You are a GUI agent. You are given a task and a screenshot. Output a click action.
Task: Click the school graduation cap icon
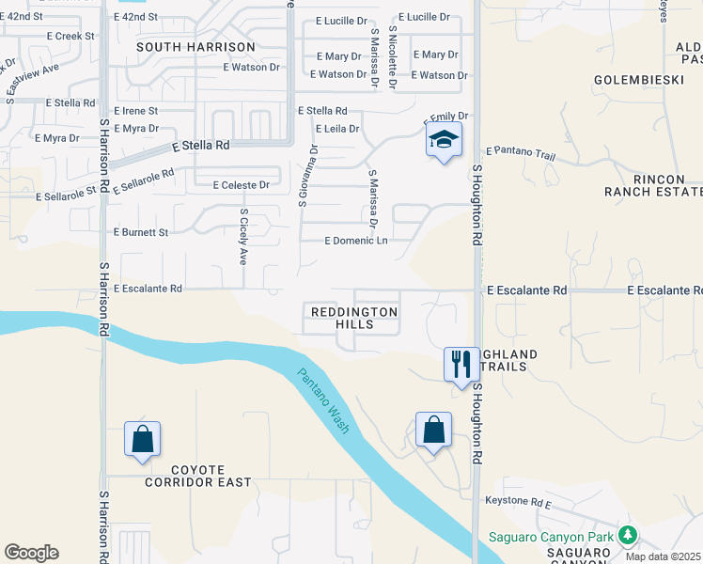coord(445,141)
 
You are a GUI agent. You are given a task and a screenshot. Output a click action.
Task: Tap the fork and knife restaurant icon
coord(461,363)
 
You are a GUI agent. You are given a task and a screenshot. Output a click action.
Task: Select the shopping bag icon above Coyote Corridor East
coord(142,439)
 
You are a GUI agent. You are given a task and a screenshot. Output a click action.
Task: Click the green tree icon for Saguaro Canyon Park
coord(627,536)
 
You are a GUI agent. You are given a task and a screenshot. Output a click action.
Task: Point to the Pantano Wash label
coord(323,400)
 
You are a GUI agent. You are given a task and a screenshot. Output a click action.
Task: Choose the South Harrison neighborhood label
coord(195,46)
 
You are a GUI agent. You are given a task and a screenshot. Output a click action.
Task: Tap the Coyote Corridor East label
coord(197,476)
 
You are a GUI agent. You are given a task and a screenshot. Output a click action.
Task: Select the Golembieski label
coord(637,80)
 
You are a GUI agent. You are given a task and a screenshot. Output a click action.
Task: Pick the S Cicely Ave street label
coord(243,236)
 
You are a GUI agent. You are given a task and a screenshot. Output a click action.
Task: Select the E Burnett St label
coord(140,231)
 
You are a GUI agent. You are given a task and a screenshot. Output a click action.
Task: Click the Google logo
coord(31,553)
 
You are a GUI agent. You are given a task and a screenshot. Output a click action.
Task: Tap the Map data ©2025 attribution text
coord(663,556)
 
